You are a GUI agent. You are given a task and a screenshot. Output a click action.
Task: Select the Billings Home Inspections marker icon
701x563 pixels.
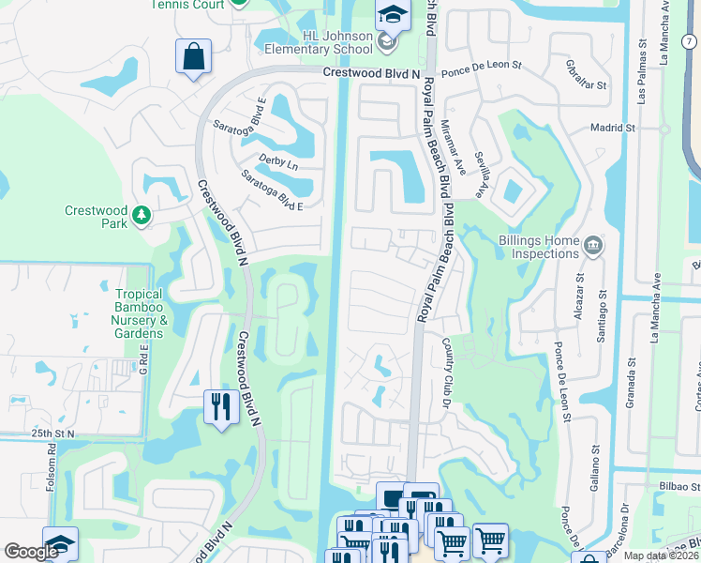(592, 247)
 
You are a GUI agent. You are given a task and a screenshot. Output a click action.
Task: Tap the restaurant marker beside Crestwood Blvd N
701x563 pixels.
(220, 407)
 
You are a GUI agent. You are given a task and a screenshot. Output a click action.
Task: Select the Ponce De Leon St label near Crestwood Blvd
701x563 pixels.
(481, 73)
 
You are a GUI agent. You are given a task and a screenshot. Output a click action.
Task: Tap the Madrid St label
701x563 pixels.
(613, 128)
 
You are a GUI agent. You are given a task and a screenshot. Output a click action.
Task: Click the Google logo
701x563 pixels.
(31, 552)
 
